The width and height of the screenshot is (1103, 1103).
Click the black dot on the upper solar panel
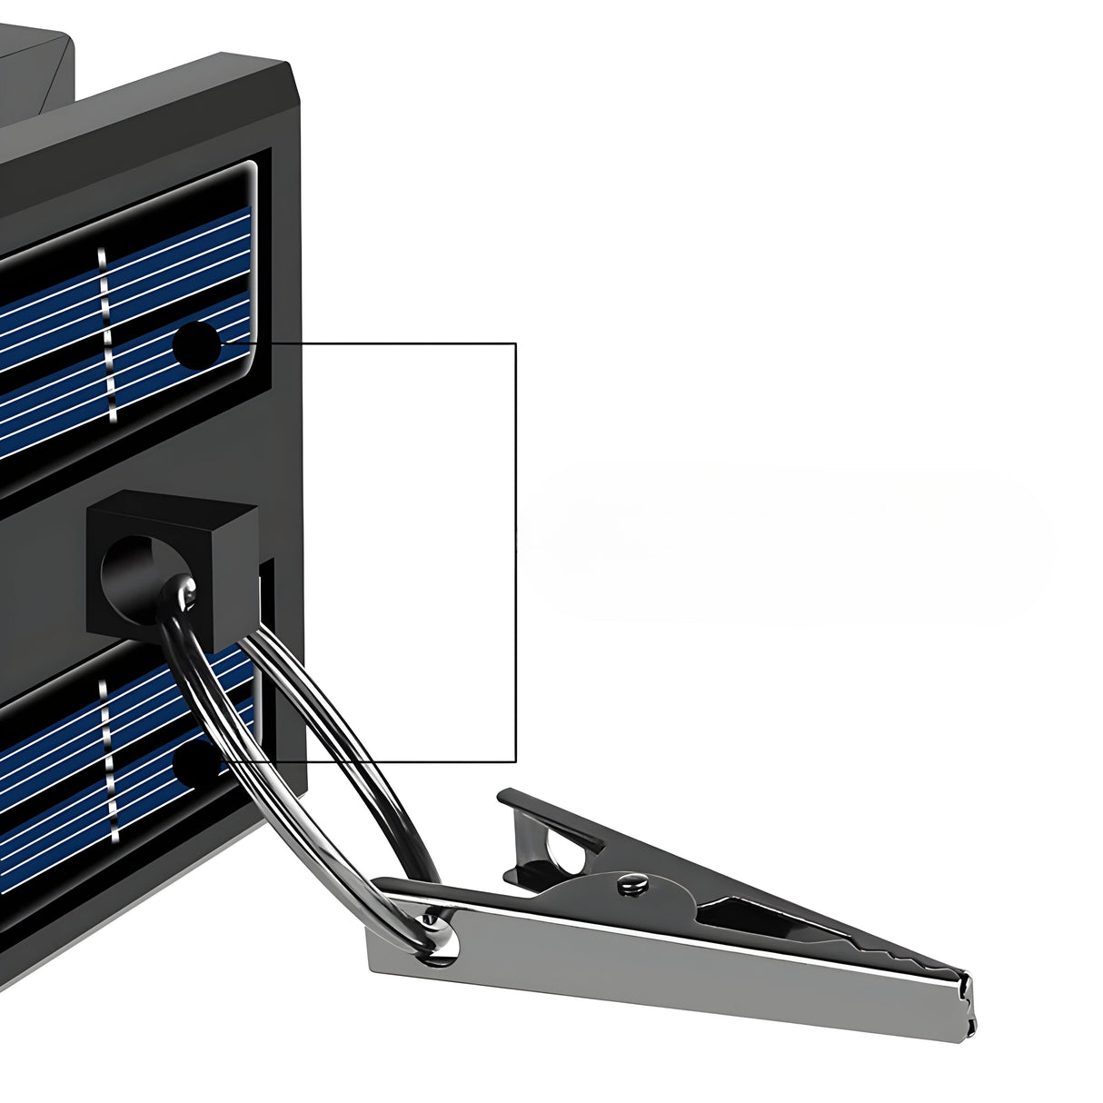click(x=196, y=345)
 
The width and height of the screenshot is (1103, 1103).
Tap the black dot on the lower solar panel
click(x=193, y=763)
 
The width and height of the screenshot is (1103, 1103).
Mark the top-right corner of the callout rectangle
click(x=516, y=343)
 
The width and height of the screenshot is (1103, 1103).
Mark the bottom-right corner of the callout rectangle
click(x=516, y=761)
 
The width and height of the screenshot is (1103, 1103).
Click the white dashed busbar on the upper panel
click(x=107, y=336)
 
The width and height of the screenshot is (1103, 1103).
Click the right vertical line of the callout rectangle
click(x=516, y=545)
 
